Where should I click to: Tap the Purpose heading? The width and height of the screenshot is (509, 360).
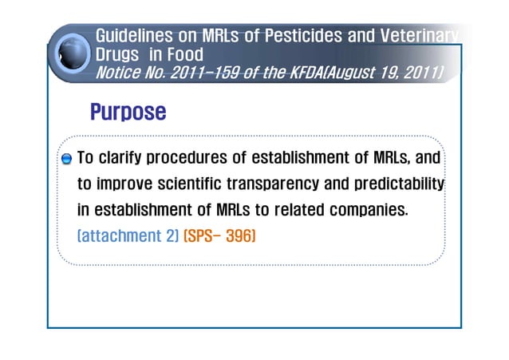tap(128, 111)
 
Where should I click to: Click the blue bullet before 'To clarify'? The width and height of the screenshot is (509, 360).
tap(67, 159)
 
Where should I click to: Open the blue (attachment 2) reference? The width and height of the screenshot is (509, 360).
tap(128, 236)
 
